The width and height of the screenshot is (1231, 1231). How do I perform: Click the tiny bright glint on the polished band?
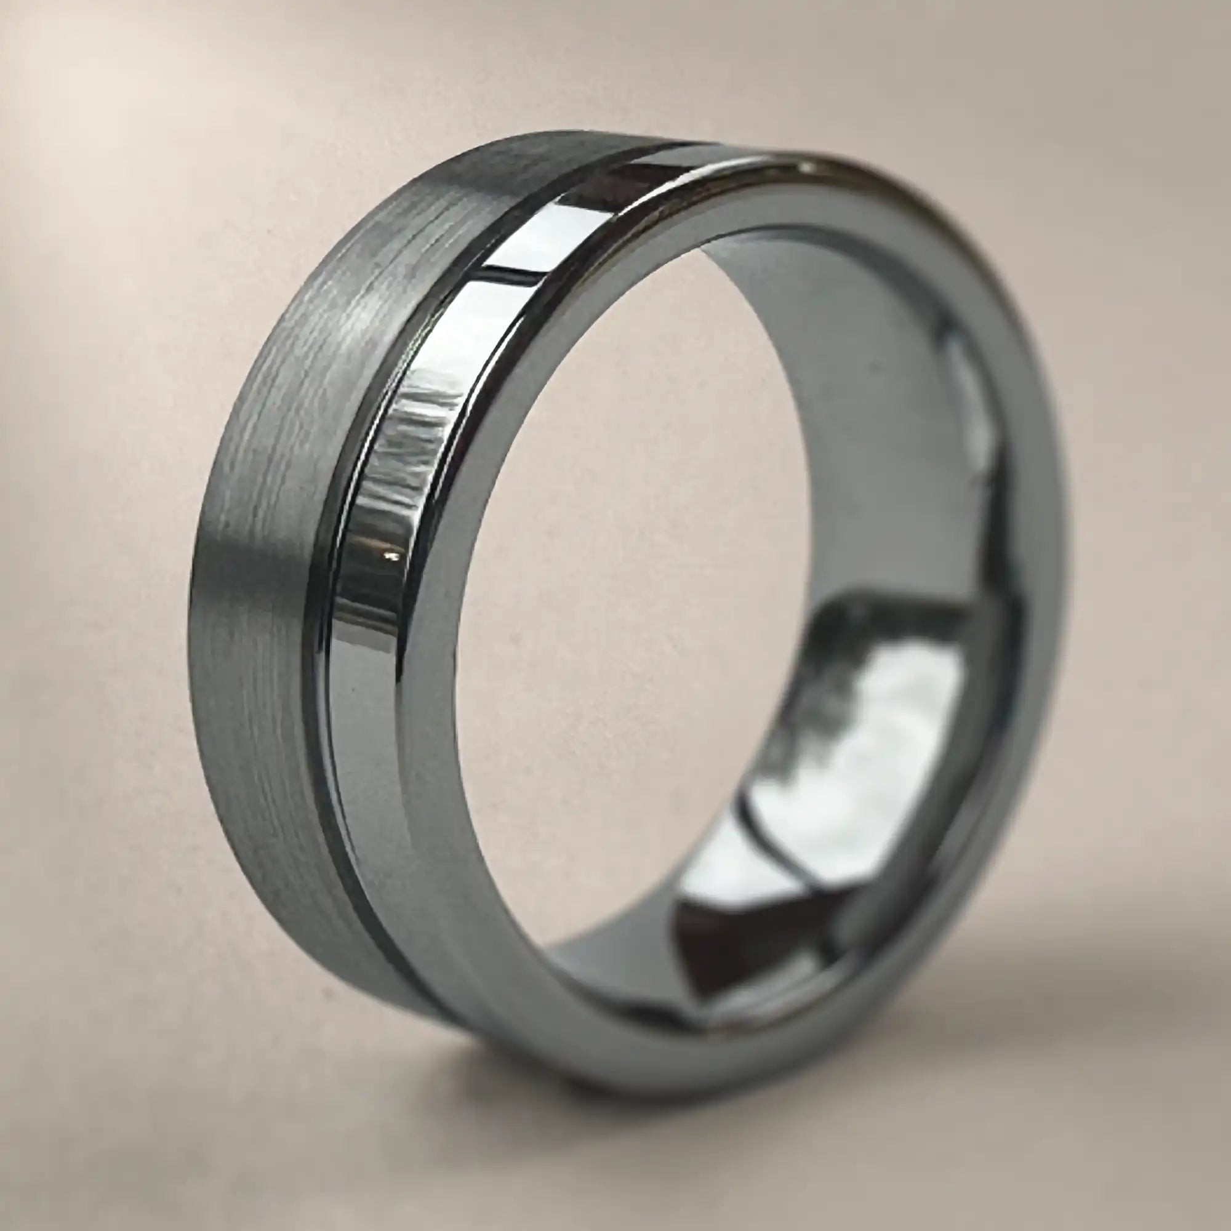point(390,558)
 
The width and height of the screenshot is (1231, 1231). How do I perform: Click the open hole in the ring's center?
point(637,574)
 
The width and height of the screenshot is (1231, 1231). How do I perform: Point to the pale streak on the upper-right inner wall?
point(968,395)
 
